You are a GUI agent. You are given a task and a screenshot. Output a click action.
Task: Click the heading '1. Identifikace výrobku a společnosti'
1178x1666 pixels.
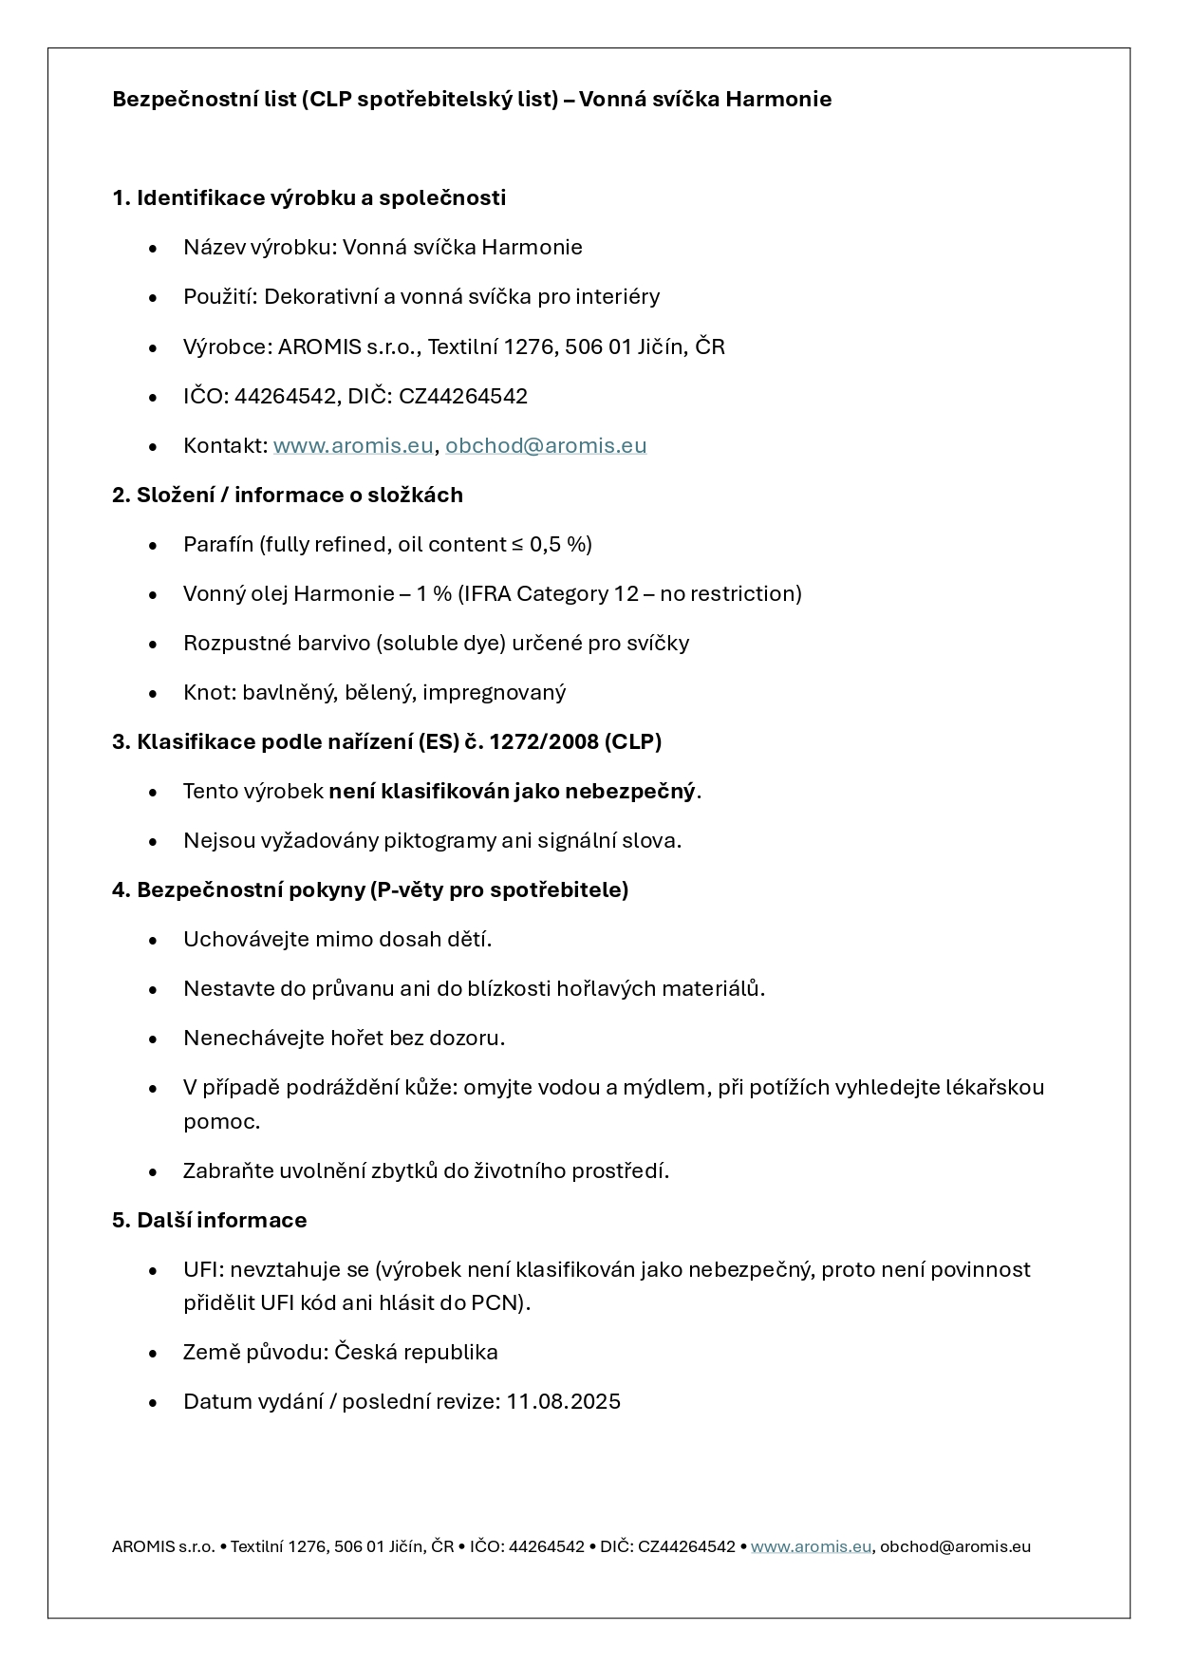(x=309, y=197)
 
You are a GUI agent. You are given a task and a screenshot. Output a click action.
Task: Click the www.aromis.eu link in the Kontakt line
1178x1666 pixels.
(x=352, y=445)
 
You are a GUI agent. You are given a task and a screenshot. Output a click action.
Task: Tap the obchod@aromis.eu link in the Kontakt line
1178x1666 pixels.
(x=546, y=445)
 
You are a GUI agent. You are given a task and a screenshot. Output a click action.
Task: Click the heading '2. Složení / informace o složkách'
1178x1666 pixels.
(x=288, y=495)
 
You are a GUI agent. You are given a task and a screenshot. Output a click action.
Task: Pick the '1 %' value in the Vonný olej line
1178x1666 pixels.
(x=434, y=593)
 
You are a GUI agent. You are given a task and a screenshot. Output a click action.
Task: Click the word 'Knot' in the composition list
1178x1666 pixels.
(x=207, y=692)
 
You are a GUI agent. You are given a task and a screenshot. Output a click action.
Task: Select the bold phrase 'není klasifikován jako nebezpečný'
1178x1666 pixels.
(x=512, y=791)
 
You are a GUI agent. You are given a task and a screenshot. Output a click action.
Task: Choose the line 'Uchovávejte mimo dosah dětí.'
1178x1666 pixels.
(x=337, y=939)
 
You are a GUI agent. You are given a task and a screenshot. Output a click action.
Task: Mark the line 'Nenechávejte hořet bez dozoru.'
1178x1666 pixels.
(x=344, y=1038)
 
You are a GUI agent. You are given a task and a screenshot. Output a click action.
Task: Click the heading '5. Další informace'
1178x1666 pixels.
(x=210, y=1220)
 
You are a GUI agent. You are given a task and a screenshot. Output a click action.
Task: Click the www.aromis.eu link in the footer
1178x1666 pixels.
(x=811, y=1546)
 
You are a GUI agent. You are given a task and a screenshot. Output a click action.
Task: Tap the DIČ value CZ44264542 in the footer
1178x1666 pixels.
(x=686, y=1546)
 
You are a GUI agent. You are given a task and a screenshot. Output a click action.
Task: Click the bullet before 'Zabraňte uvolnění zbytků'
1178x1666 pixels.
(x=153, y=1171)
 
